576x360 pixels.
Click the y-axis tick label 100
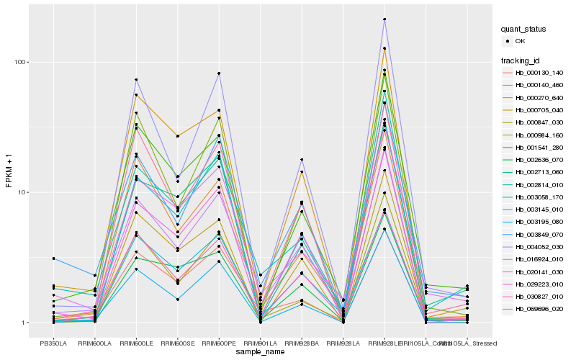coord(20,62)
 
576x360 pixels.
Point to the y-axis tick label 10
coord(22,192)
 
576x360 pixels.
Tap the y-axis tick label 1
coord(24,323)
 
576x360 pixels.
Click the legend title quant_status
coord(525,30)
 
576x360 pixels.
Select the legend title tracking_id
coord(521,60)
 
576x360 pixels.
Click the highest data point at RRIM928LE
coord(384,19)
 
